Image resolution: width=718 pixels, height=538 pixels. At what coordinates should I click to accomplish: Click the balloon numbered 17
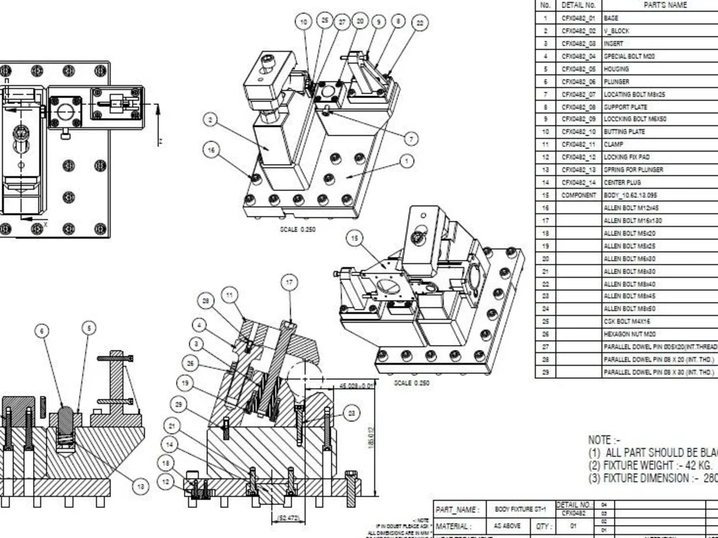pyautogui.click(x=289, y=283)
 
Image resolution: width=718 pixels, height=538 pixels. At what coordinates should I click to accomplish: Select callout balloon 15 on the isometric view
pyautogui.click(x=353, y=237)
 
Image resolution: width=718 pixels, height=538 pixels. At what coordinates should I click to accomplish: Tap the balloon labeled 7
pyautogui.click(x=411, y=138)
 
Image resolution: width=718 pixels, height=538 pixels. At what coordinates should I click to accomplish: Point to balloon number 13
pyautogui.click(x=140, y=487)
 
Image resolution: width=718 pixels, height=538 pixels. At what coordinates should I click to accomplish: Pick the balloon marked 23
pyautogui.click(x=352, y=412)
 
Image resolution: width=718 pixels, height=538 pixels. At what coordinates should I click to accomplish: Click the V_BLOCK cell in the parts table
pyautogui.click(x=617, y=31)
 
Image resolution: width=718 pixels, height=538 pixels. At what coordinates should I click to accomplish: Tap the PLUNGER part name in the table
pyautogui.click(x=617, y=82)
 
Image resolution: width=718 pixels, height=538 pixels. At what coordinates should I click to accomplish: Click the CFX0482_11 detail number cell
pyautogui.click(x=578, y=145)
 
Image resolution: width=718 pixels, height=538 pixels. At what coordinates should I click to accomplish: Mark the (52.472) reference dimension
pyautogui.click(x=289, y=517)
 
